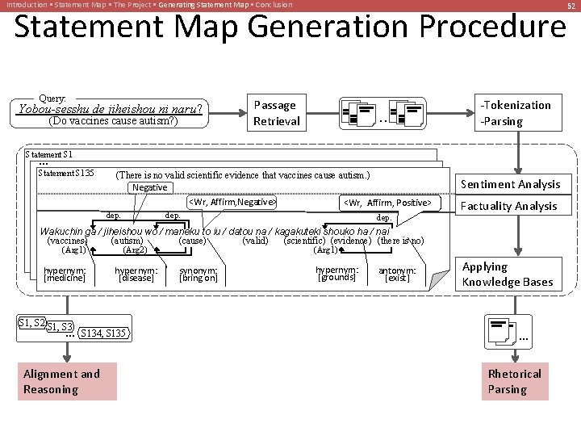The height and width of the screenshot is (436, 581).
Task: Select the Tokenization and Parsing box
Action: click(516, 113)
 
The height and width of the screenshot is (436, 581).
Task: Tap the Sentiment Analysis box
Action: click(510, 184)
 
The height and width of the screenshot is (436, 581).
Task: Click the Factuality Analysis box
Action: click(509, 206)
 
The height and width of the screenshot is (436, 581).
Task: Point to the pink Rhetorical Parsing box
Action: click(514, 381)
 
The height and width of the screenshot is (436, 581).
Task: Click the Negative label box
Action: click(150, 187)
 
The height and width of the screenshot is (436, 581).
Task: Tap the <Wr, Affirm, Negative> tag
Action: click(232, 202)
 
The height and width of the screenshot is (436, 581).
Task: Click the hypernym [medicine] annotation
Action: click(65, 274)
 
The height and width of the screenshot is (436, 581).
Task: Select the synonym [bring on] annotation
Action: click(198, 275)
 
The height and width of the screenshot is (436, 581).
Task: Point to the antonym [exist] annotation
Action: click(397, 275)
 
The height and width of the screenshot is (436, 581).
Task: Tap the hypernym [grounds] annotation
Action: click(336, 274)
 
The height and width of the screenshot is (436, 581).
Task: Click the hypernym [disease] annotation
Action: click(136, 275)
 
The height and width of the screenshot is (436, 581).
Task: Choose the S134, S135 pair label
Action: click(103, 333)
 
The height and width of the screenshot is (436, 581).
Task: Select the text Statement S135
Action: click(66, 173)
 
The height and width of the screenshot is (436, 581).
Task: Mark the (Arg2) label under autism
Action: click(134, 249)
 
